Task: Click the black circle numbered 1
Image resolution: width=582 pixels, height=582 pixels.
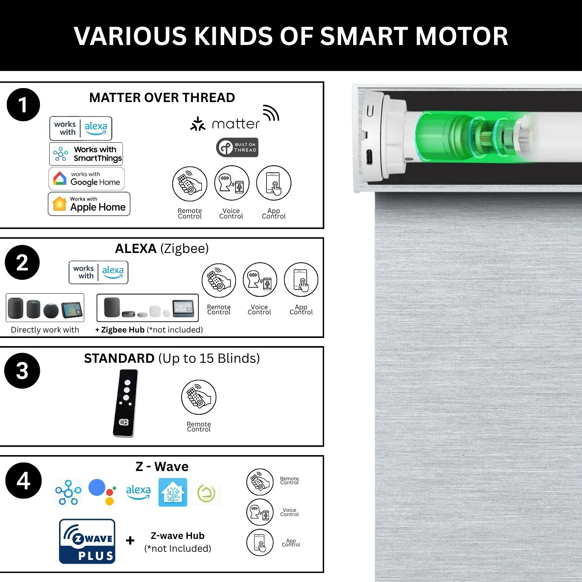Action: [x=23, y=105]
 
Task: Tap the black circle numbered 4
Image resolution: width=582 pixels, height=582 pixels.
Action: [x=23, y=480]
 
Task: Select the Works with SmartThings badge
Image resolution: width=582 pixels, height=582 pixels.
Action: [x=86, y=154]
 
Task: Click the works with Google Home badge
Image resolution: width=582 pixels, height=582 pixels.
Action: [x=87, y=178]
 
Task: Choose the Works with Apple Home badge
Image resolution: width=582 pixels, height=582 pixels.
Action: [x=89, y=204]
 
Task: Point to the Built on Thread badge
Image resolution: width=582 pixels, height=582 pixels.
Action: [x=237, y=147]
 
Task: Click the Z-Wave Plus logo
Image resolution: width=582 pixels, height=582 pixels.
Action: [x=87, y=541]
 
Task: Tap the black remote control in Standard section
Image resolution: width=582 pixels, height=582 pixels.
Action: [x=125, y=403]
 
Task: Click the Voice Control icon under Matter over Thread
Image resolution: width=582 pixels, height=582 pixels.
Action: [x=232, y=183]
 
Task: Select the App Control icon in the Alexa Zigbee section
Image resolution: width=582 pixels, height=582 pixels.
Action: [x=301, y=280]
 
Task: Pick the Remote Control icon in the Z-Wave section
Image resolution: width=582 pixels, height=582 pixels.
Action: [x=260, y=482]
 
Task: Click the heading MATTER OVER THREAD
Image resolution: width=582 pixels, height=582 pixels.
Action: [x=162, y=97]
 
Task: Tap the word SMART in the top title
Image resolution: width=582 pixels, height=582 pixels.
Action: [x=364, y=36]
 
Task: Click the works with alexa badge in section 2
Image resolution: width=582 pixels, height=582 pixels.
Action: [x=99, y=272]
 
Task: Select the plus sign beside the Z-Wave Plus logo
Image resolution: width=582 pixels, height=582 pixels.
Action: [x=130, y=540]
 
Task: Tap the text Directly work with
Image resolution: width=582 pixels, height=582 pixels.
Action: [x=45, y=330]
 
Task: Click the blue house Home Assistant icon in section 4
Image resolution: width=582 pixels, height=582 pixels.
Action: [x=173, y=492]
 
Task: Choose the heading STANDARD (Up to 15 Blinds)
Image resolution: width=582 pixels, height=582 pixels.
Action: [x=172, y=358]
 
